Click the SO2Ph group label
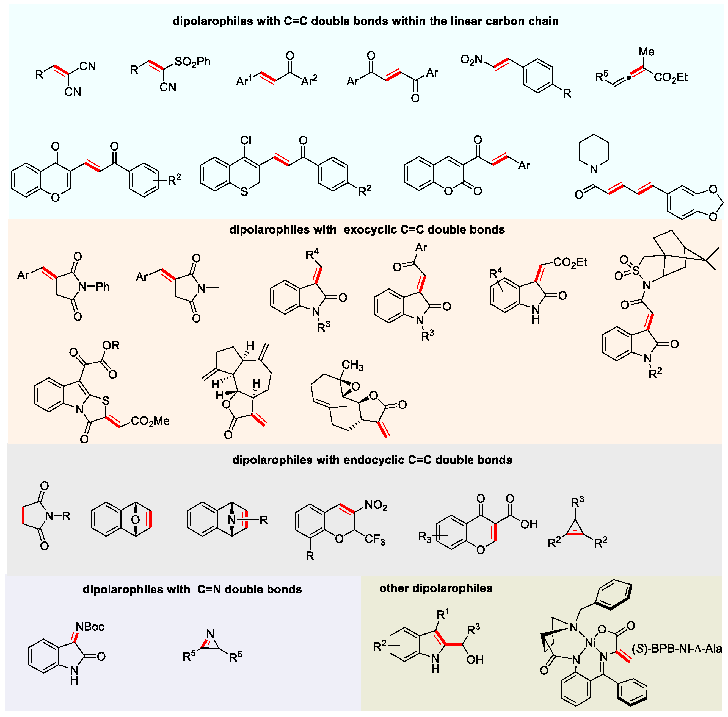tap(192, 62)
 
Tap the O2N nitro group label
tap(471, 60)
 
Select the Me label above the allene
tap(646, 52)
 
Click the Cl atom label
tap(246, 140)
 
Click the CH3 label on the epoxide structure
tap(352, 365)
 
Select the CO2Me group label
tap(150, 421)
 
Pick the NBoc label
tap(90, 627)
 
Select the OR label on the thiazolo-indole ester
tap(111, 345)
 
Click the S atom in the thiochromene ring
tap(244, 192)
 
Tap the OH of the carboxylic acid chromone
tap(529, 524)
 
